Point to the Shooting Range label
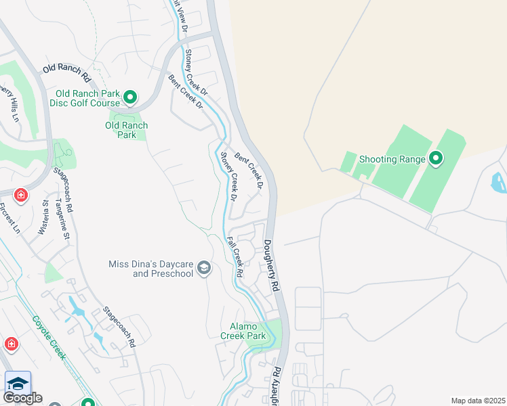392,159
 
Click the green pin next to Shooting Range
436,159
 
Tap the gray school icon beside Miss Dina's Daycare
203,269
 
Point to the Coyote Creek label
48,338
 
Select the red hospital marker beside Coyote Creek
11,344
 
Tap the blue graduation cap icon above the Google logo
18,382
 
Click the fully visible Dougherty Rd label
272,266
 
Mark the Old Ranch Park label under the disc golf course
126,130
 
